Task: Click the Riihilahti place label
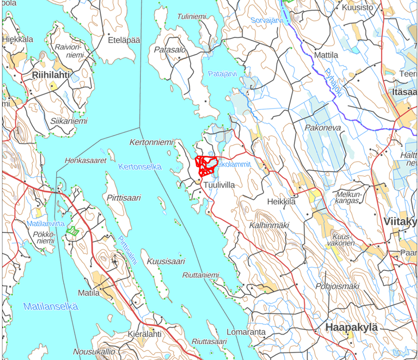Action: point(51,75)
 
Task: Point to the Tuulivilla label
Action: point(219,184)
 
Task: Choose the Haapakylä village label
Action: point(352,327)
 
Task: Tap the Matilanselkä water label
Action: point(51,307)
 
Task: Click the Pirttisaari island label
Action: point(124,198)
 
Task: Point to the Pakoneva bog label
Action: point(322,128)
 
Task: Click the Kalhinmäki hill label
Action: point(269,225)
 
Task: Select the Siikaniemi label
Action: point(69,121)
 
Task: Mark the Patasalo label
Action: point(170,50)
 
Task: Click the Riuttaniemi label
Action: point(200,275)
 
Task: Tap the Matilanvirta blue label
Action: point(46,223)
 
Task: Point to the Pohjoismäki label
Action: point(337,285)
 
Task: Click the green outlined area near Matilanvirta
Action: point(73,231)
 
